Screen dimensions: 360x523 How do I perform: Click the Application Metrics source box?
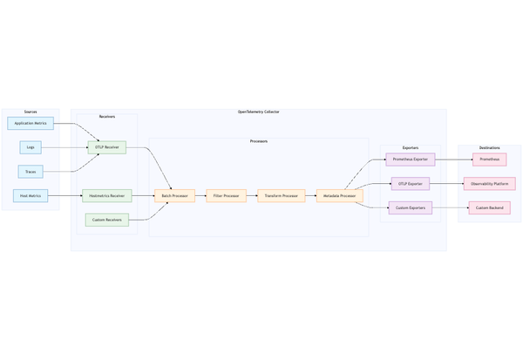click(31, 124)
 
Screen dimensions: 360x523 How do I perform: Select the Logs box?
click(31, 147)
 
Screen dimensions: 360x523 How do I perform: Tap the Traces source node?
click(31, 172)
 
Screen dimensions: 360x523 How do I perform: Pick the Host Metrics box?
click(31, 196)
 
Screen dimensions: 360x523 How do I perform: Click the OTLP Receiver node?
click(106, 147)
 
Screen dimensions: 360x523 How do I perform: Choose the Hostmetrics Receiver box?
click(106, 196)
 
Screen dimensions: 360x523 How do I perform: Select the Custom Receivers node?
click(106, 220)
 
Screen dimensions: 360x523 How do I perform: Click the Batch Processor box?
click(174, 196)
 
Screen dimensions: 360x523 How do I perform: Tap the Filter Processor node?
click(226, 196)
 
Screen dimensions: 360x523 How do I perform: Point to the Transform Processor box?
click(282, 196)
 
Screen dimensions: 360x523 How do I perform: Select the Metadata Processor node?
click(339, 196)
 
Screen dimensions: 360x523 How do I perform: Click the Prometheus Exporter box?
click(410, 160)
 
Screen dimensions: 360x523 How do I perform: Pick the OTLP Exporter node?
click(410, 184)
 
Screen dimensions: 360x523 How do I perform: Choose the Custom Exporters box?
click(410, 208)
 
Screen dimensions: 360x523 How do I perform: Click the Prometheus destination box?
click(489, 160)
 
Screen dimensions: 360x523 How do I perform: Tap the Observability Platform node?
click(489, 184)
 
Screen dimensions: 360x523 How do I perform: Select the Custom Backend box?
click(489, 208)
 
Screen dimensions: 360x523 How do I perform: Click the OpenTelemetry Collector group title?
click(258, 112)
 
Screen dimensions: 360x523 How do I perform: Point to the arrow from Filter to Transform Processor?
click(252, 196)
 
